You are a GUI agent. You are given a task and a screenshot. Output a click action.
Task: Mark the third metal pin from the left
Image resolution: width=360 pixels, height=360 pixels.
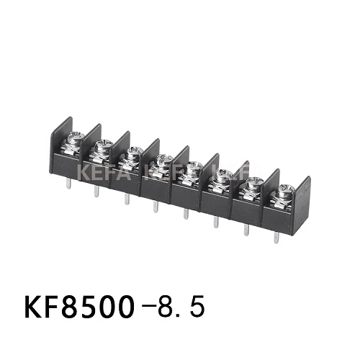click(x=126, y=199)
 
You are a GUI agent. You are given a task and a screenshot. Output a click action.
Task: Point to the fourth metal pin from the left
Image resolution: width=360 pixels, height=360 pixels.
click(x=156, y=207)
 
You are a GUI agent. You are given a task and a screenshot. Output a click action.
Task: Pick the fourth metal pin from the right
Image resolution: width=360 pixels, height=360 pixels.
click(x=186, y=214)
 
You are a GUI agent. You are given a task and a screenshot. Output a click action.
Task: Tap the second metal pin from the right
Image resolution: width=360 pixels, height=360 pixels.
click(x=246, y=230)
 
